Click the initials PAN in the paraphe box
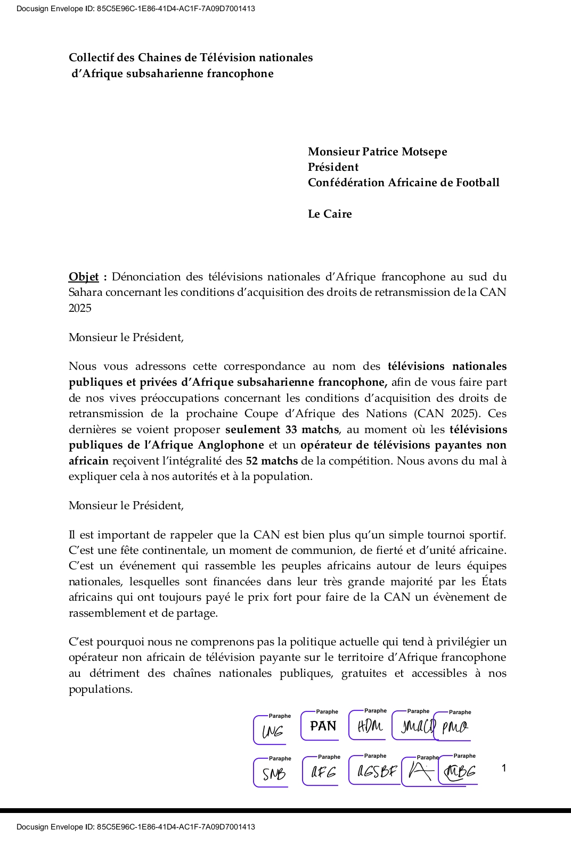323,726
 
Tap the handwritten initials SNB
274,774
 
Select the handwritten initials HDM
370,726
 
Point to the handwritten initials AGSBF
377,771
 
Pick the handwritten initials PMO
454,727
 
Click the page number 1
504,768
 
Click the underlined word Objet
84,277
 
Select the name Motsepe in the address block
425,152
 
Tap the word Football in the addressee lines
477,182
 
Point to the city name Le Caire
330,214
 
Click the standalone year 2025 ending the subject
80,308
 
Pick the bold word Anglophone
231,445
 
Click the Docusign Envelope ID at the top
135,9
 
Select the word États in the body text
494,582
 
